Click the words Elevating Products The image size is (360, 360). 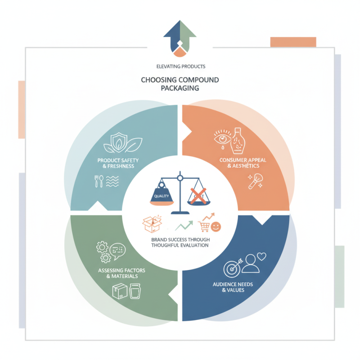(x=180, y=66)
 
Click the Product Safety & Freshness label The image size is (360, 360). (x=118, y=163)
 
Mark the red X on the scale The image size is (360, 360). (x=198, y=195)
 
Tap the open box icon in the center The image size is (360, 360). (x=151, y=223)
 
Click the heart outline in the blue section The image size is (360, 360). (x=260, y=256)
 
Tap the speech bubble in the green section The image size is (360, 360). (x=118, y=250)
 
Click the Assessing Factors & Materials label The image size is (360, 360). (x=118, y=273)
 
